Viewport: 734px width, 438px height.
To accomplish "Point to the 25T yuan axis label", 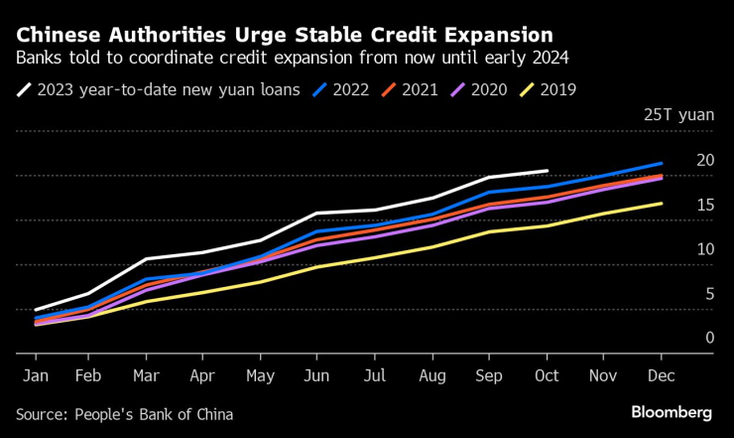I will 678,115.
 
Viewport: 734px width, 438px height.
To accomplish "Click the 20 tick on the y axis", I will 705,160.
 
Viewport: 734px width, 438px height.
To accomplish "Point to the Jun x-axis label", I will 316,377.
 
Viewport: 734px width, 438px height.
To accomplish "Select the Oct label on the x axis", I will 546,377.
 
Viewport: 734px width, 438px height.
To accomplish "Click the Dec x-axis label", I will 661,377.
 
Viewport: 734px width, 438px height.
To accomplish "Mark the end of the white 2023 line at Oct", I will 548,171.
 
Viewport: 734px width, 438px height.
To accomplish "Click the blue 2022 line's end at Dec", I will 662,163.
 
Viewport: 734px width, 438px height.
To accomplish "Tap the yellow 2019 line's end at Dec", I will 662,204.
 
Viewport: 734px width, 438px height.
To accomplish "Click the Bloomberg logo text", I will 672,412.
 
